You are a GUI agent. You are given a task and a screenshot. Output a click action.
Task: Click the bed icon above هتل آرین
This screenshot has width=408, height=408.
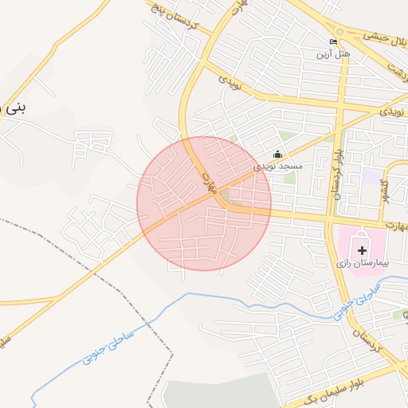coord(333,41)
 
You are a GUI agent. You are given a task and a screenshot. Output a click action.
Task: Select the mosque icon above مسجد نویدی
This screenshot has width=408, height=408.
coord(277,154)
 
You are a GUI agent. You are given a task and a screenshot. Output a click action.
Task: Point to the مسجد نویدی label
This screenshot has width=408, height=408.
coord(278,167)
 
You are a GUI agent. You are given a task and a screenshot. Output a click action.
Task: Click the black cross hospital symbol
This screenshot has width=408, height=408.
coord(363,250)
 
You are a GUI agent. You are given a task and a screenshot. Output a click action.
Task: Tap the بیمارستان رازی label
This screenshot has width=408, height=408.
coord(362,262)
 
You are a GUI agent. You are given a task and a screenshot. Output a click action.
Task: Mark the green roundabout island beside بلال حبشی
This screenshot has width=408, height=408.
coord(340,33)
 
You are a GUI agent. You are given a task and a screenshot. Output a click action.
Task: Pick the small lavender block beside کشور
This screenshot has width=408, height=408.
coord(372,176)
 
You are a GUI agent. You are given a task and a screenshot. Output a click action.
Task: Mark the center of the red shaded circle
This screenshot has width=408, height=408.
coord(204,203)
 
